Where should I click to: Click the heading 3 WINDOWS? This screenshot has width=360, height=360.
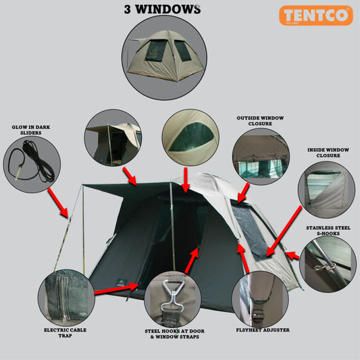(162, 9)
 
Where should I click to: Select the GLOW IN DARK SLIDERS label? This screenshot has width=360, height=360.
(30, 130)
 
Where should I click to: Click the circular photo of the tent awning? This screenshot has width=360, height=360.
(113, 138)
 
